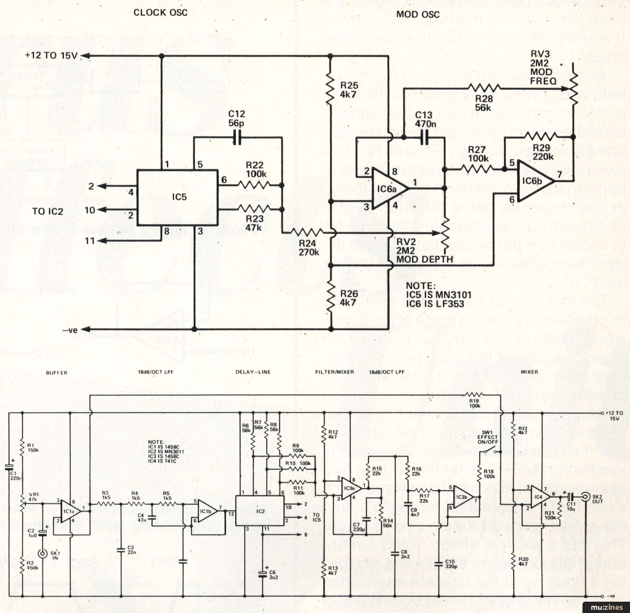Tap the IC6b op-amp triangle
[x=534, y=181]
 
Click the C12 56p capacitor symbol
[x=237, y=137]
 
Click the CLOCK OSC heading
[x=160, y=12]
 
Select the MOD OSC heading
[x=418, y=14]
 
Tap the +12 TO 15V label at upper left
[x=51, y=55]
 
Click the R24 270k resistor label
[x=308, y=248]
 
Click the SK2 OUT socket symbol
[x=587, y=497]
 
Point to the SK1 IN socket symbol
[x=43, y=553]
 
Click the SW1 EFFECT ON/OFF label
[x=487, y=437]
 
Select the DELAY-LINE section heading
[x=253, y=372]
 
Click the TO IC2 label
[x=48, y=211]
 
